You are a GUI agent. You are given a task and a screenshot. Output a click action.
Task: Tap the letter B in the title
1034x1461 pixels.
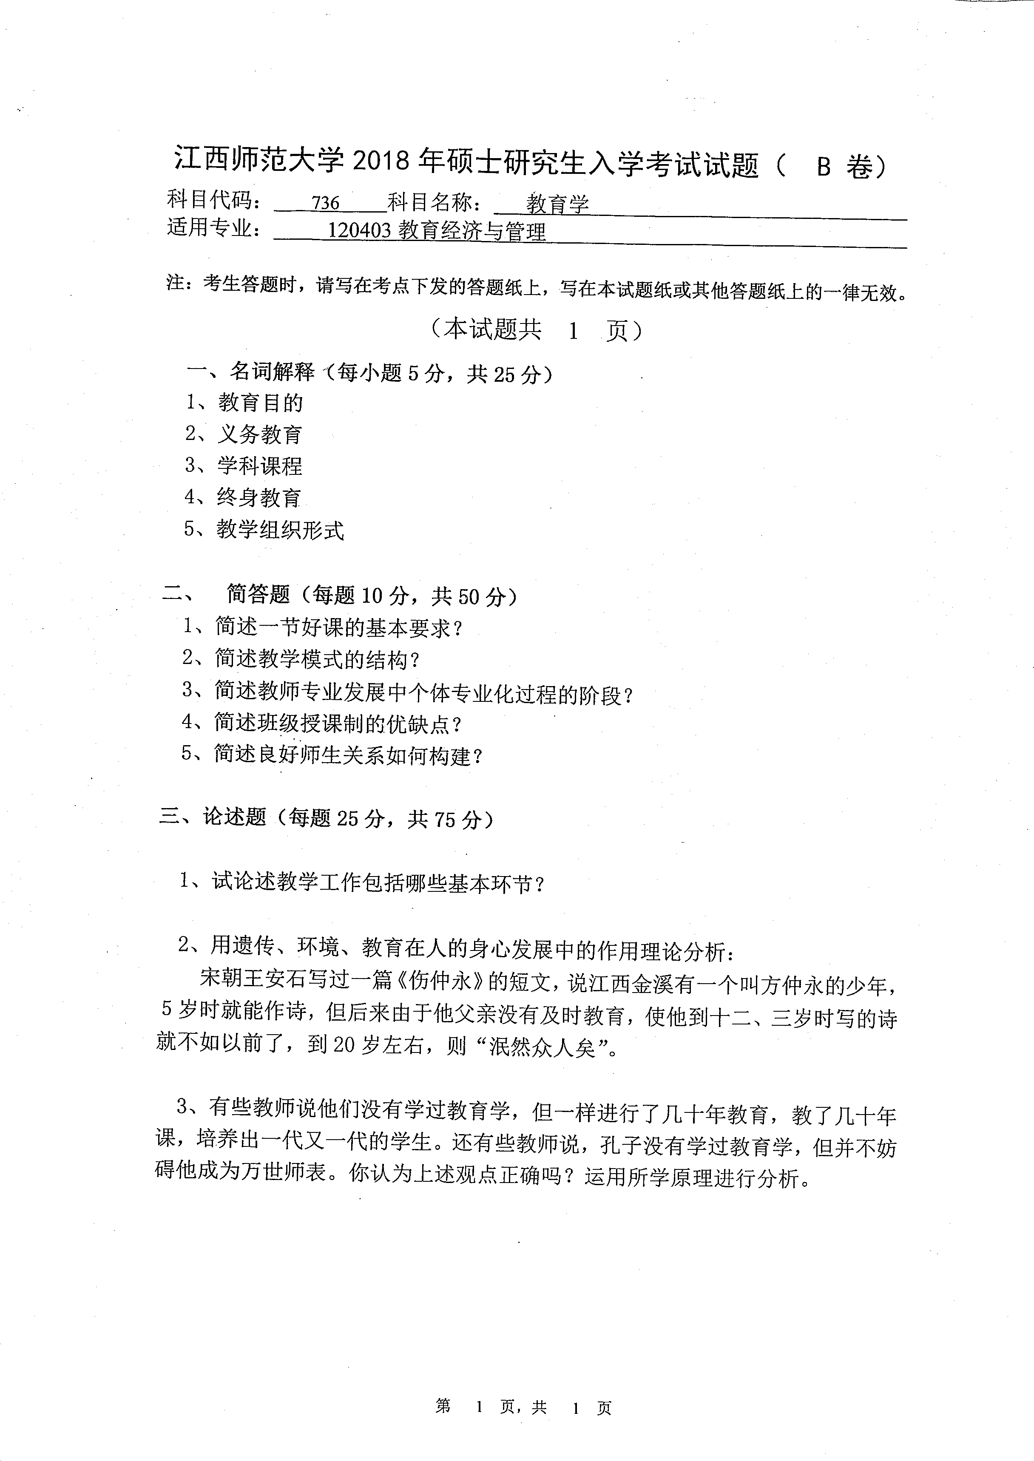pos(823,167)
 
